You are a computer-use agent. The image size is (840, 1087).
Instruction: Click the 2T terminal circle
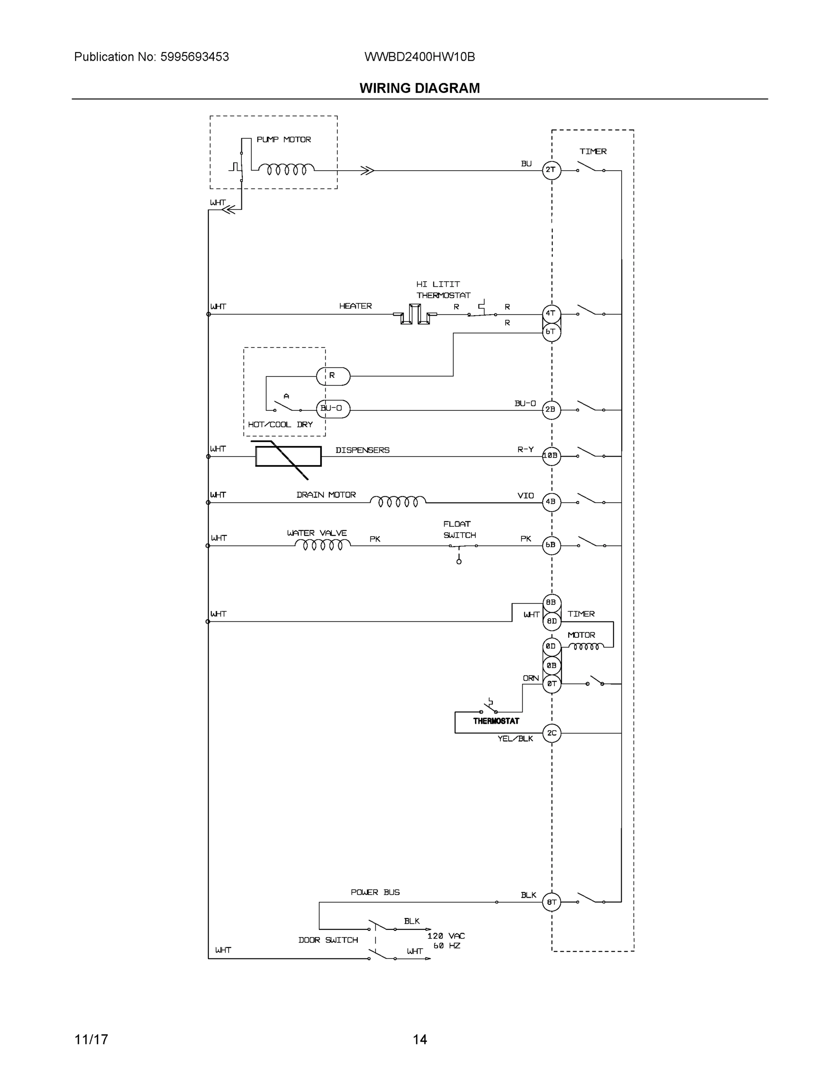pos(551,170)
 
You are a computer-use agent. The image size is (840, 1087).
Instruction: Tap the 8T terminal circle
pos(552,902)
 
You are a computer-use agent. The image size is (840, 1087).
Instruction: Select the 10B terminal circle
pos(551,456)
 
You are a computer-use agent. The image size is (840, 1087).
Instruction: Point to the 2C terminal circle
pos(552,733)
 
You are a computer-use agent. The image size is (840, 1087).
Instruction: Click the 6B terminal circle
pos(551,545)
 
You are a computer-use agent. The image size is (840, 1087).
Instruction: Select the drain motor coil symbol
pos(398,501)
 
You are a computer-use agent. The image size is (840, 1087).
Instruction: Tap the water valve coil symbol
pos(322,545)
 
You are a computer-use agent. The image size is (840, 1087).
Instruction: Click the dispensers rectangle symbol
pos(288,456)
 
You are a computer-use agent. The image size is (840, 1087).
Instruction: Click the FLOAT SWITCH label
pos(459,529)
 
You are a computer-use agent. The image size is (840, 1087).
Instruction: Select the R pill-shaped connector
pos(333,376)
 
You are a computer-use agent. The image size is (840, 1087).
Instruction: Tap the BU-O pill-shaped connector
pos(333,409)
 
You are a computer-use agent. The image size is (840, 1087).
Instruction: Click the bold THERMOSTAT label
pos(496,721)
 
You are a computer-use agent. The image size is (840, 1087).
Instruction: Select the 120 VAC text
pos(446,936)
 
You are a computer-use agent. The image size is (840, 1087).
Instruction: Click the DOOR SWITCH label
pos(328,940)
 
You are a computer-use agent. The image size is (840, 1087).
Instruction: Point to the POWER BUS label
pos(375,892)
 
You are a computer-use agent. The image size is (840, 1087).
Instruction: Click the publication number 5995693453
pos(194,57)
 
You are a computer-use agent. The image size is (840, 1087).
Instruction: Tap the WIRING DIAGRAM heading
pos(419,88)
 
